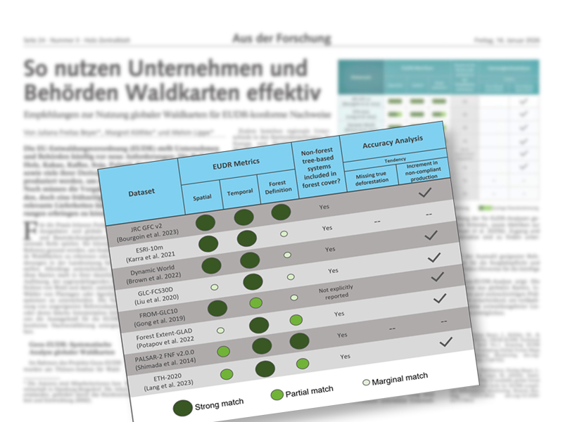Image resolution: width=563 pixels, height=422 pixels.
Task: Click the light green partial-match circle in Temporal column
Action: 256,304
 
